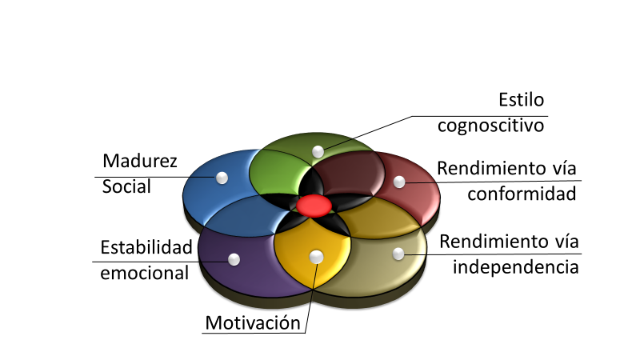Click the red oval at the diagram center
click(x=314, y=206)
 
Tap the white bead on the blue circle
click(x=222, y=177)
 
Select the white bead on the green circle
click(x=318, y=151)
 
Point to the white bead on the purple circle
click(x=234, y=259)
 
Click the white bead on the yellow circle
click(x=316, y=256)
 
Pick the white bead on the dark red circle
click(x=399, y=182)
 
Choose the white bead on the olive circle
click(x=398, y=254)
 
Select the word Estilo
click(x=521, y=101)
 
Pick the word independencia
click(x=515, y=266)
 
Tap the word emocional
click(x=145, y=272)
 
